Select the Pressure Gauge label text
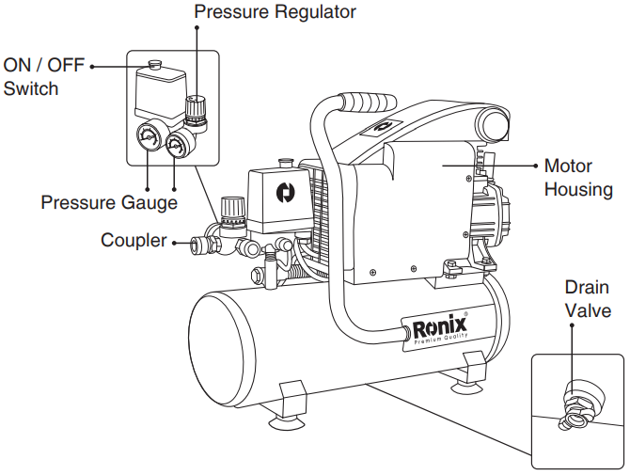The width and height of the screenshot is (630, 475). pyautogui.click(x=109, y=201)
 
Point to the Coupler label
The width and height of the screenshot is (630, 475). pyautogui.click(x=133, y=241)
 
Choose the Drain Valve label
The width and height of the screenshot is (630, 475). pyautogui.click(x=589, y=298)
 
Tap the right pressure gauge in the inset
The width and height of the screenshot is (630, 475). pyautogui.click(x=176, y=145)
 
